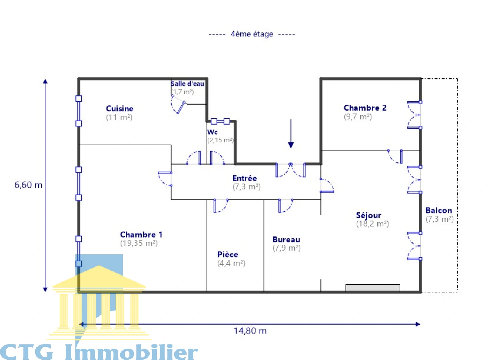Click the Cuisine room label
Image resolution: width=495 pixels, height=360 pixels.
pyautogui.click(x=119, y=108)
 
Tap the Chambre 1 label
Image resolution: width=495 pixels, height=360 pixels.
pyautogui.click(x=141, y=234)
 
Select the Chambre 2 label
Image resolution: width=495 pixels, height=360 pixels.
pyautogui.click(x=365, y=108)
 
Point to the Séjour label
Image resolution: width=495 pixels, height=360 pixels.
pyautogui.click(x=369, y=215)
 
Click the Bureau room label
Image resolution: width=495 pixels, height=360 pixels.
pyautogui.click(x=287, y=240)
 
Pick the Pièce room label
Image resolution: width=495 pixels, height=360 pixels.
pyautogui.click(x=227, y=254)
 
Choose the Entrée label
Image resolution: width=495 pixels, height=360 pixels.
pyautogui.click(x=244, y=178)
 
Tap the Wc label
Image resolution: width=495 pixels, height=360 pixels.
pyautogui.click(x=212, y=132)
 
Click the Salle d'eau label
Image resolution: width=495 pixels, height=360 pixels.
pyautogui.click(x=187, y=84)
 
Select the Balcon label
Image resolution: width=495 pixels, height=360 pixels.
pyautogui.click(x=439, y=210)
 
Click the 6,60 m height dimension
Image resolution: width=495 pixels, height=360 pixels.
pyautogui.click(x=28, y=185)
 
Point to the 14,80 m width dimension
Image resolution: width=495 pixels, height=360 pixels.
pyautogui.click(x=250, y=331)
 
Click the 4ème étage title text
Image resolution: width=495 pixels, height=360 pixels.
pyautogui.click(x=252, y=34)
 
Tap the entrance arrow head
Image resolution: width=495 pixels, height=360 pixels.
pyautogui.click(x=291, y=145)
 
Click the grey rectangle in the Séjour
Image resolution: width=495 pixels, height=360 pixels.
pyautogui.click(x=373, y=288)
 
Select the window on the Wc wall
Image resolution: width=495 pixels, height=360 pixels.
pyautogui.click(x=220, y=121)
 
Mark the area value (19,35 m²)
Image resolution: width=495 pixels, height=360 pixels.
pyautogui.click(x=139, y=243)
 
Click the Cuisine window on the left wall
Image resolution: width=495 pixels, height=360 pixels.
pyautogui.click(x=79, y=111)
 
